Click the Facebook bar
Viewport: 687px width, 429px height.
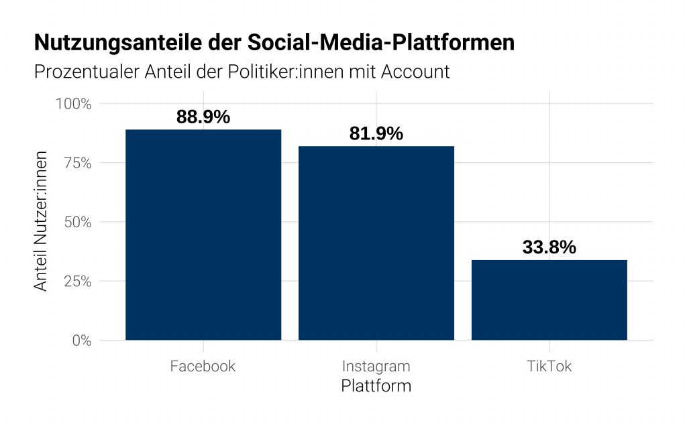(x=203, y=235)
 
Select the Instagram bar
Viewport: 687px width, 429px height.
(x=376, y=243)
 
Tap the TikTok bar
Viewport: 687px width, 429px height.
(x=549, y=300)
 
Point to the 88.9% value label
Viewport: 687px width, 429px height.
(x=203, y=117)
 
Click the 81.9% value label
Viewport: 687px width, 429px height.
(x=376, y=133)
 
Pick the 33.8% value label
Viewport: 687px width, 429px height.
(x=549, y=247)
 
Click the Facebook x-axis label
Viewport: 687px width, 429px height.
(x=203, y=367)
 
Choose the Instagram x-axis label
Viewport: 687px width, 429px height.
(x=376, y=367)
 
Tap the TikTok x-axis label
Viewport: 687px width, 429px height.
(x=549, y=367)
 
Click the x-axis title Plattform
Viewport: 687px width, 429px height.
(x=376, y=387)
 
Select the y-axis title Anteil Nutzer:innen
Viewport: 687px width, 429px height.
(x=42, y=221)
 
